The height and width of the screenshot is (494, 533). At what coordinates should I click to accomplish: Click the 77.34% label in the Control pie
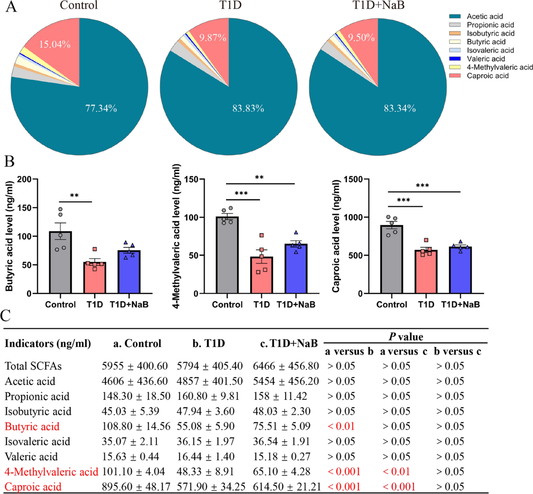click(x=101, y=108)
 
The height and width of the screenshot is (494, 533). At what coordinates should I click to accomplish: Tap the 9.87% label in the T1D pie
click(x=212, y=38)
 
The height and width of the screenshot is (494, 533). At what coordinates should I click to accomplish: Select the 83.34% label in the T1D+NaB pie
click(x=400, y=108)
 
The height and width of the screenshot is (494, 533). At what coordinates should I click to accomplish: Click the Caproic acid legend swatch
click(x=455, y=76)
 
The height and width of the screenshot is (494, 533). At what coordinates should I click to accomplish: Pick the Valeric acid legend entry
click(x=485, y=59)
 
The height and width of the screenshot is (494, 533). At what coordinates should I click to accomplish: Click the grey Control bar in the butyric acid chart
click(x=60, y=262)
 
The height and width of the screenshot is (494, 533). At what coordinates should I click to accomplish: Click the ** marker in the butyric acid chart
click(x=74, y=196)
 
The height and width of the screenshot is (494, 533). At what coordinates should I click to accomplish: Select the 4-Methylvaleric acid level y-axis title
click(x=176, y=235)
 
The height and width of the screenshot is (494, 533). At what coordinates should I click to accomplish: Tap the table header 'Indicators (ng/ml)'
click(x=48, y=343)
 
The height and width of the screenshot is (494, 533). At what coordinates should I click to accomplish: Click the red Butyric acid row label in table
click(x=32, y=426)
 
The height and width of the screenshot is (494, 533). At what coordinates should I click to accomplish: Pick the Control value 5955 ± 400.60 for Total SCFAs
click(x=135, y=366)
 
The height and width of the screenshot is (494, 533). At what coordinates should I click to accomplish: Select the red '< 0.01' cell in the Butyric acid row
click(x=341, y=426)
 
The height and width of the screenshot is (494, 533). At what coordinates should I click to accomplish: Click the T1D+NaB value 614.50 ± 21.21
click(x=286, y=487)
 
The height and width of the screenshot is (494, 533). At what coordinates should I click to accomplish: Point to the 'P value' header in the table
click(x=406, y=336)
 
